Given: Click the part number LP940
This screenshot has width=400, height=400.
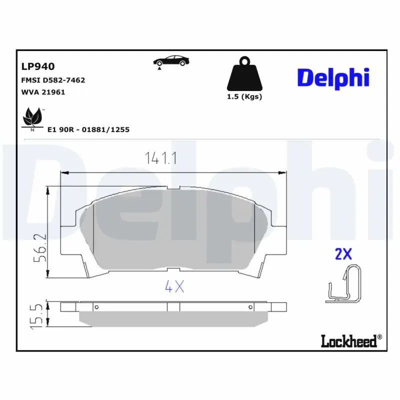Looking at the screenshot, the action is [x=38, y=66].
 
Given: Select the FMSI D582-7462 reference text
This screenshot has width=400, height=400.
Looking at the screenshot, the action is [x=53, y=80].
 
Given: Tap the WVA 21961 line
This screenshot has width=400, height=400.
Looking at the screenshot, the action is [x=43, y=92].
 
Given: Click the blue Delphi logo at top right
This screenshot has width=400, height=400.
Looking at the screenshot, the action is [x=333, y=78].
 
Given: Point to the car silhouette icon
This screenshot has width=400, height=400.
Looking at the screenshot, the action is [x=171, y=61].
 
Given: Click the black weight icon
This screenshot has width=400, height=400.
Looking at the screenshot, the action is [x=244, y=73].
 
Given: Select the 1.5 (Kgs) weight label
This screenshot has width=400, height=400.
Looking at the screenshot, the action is [x=244, y=96].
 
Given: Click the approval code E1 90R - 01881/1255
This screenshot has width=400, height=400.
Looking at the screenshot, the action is [x=88, y=129].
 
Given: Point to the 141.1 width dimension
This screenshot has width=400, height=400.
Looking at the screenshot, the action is [x=160, y=158].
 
